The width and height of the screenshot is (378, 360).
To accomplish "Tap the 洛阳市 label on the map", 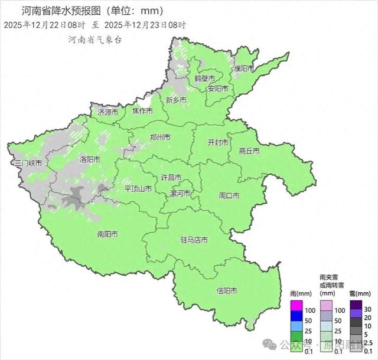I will pos(90,159).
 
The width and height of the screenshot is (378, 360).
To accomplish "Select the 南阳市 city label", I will pos(107,234).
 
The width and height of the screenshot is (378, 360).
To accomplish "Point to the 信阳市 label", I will pos(227,291).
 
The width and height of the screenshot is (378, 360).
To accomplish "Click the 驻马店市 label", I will pos(194,240).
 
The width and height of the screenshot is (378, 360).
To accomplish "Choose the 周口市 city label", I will pos(229,195).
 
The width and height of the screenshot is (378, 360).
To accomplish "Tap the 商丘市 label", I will pos(249,151).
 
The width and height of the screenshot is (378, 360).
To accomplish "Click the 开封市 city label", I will pos(218,143).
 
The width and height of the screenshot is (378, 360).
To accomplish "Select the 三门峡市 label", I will pos(28,163).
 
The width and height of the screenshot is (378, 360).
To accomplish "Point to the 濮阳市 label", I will pos(243,69).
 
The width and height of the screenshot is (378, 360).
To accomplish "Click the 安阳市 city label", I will pos(217,89).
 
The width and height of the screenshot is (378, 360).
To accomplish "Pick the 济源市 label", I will pos(108,112).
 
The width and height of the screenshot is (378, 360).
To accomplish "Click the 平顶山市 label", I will pos(138,189).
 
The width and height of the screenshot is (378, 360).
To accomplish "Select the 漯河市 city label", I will pos(180,194).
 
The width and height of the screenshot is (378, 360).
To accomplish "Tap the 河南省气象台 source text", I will pos(94,40).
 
